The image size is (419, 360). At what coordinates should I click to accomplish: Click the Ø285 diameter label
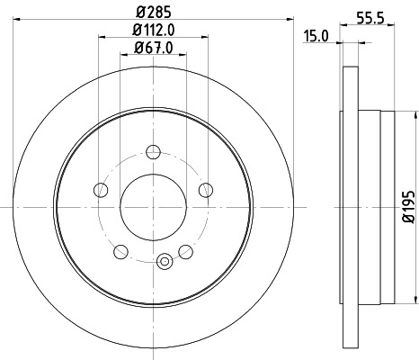pos(153,13)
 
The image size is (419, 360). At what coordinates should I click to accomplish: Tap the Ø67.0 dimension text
pos(153,48)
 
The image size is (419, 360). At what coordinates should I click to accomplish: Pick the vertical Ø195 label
pos(407,207)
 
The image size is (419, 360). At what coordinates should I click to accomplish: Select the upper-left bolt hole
pos(101,189)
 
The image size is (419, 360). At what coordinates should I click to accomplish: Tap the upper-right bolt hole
pos(205,189)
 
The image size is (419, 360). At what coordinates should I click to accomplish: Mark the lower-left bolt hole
pos(120,250)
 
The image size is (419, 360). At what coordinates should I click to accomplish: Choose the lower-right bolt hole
pos(185,250)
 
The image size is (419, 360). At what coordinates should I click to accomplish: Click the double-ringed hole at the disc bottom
pos(163,262)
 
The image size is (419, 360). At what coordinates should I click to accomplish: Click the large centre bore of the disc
pos(153,207)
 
